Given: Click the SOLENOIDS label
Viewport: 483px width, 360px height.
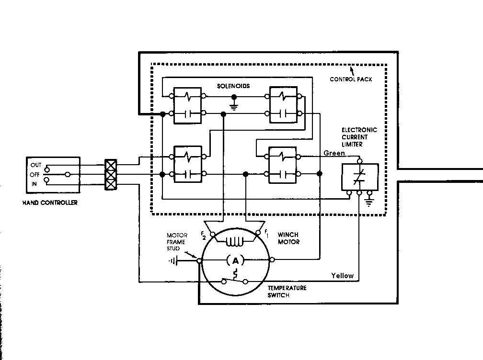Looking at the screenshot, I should pos(233,86).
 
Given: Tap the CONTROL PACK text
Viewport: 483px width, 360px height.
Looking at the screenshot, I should pos(351,79).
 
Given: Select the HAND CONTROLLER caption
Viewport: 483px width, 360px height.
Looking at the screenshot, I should pos(50,202).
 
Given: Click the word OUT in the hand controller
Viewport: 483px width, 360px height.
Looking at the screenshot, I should pos(36,165).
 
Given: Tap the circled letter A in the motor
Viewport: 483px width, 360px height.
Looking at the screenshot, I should pos(235,260).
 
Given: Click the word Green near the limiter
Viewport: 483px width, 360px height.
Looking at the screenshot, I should pos(334,153).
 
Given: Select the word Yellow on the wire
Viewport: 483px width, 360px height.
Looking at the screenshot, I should pos(343,275).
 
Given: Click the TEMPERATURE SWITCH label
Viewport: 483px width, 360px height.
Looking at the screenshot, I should pos(287,292).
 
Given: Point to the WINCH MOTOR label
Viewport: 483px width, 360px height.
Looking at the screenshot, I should pos(288,238).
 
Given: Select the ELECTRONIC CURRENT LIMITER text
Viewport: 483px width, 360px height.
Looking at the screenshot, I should pos(359,137).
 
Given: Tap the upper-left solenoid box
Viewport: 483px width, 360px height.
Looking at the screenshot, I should pos(187,105).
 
